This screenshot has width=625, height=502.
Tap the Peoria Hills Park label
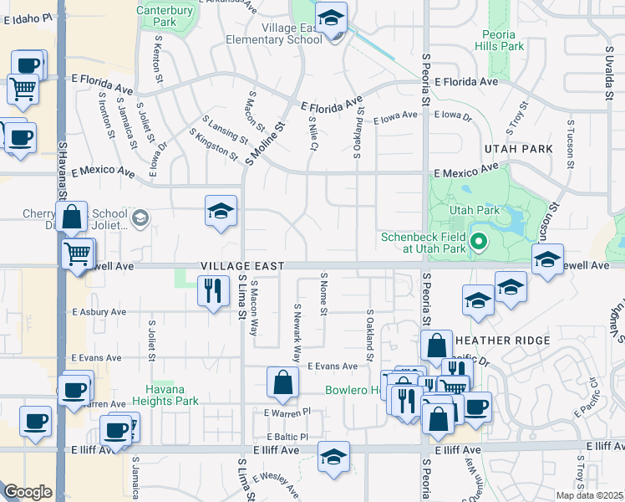click(503, 41)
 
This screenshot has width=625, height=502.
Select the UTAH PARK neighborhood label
click(519, 148)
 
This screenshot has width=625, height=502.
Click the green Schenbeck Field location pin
click(478, 243)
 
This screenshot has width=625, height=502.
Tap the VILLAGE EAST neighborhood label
click(242, 265)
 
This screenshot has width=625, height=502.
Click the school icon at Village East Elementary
click(332, 18)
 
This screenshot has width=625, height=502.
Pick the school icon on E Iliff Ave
click(333, 457)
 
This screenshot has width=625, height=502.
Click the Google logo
click(28, 492)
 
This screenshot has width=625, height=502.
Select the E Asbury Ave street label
click(99, 311)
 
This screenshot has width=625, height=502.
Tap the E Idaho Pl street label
click(23, 18)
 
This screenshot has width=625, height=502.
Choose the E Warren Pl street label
click(287, 412)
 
